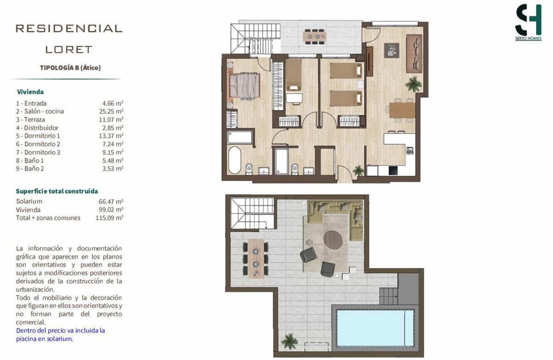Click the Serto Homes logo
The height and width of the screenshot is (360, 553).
[528, 22]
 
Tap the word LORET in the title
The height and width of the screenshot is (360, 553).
[69, 50]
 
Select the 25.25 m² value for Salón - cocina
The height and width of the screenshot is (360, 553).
[111, 112]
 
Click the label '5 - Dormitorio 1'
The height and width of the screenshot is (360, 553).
[38, 136]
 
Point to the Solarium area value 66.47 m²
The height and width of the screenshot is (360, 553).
[111, 201]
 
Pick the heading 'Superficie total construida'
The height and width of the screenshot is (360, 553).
[57, 191]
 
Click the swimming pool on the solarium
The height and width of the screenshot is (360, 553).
[375, 328]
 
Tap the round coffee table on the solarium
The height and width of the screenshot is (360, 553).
[333, 240]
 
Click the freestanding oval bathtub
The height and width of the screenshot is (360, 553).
[235, 160]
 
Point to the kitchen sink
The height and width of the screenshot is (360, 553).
[410, 150]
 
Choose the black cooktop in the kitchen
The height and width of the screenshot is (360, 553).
[393, 171]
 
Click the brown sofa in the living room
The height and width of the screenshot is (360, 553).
[414, 53]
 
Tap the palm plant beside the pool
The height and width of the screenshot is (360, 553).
[289, 341]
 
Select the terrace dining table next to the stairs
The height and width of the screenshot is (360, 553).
[314, 37]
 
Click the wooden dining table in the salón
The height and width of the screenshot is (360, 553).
[402, 110]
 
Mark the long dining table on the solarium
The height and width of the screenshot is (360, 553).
[255, 258]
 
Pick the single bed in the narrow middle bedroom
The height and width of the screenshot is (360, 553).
[294, 75]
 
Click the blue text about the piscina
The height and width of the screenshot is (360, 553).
[60, 335]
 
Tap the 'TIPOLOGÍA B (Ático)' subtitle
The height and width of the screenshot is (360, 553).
[71, 68]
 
